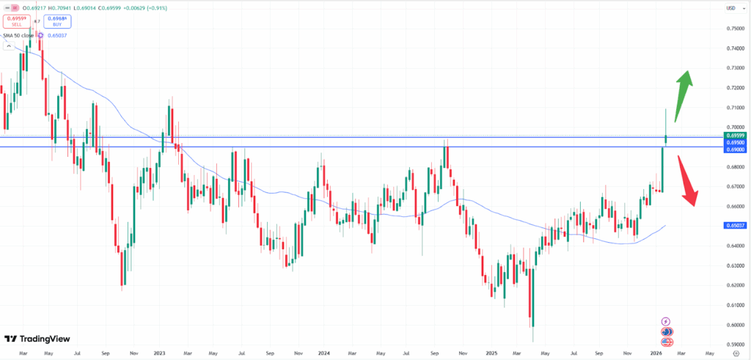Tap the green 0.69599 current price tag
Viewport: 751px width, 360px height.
(734, 136)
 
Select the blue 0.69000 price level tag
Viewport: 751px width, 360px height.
(734, 150)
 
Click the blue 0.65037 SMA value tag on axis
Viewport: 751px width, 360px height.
(734, 226)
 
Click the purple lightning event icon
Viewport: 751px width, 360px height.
(665, 321)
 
